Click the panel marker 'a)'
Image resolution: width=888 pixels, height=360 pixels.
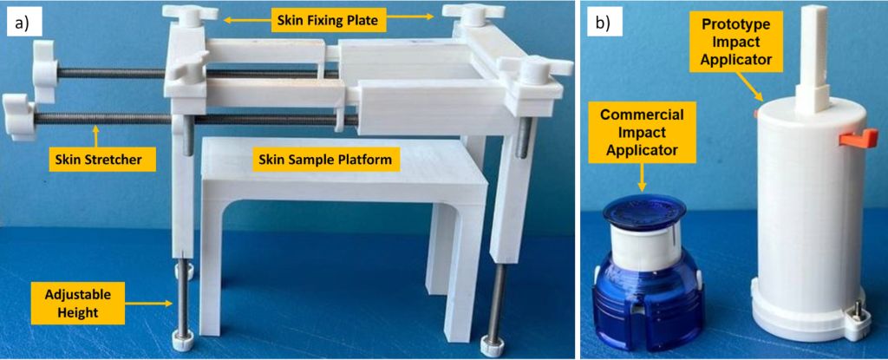click(x=20, y=23)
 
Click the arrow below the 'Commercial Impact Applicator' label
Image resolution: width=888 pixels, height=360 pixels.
click(x=643, y=177)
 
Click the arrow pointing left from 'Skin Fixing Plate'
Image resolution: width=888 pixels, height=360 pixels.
click(x=245, y=18)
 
